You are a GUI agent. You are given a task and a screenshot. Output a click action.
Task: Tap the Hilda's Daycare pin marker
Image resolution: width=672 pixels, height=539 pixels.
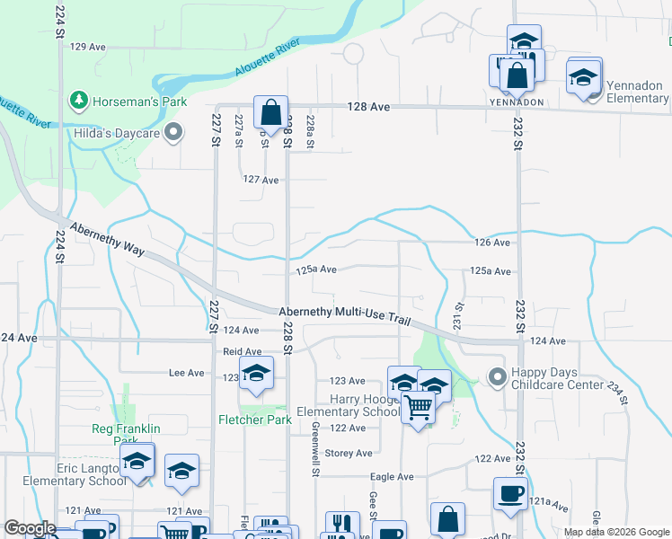(174, 134)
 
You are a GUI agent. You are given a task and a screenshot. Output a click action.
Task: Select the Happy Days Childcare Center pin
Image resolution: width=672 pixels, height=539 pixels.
(496, 376)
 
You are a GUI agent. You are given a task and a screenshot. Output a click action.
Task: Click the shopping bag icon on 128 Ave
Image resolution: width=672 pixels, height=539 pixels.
(270, 113)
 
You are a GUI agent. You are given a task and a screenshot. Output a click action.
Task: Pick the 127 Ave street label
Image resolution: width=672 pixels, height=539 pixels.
(261, 180)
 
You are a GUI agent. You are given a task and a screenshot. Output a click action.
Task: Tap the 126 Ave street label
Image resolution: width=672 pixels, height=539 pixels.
(493, 243)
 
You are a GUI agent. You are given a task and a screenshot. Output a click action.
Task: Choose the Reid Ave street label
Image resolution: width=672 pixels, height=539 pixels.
(243, 352)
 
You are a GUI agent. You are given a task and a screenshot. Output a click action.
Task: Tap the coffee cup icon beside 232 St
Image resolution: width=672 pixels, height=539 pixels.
(510, 494)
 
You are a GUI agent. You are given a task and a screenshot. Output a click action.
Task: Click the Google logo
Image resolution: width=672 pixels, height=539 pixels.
(31, 529)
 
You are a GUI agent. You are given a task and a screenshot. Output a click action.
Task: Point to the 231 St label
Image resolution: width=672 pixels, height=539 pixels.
(458, 314)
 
